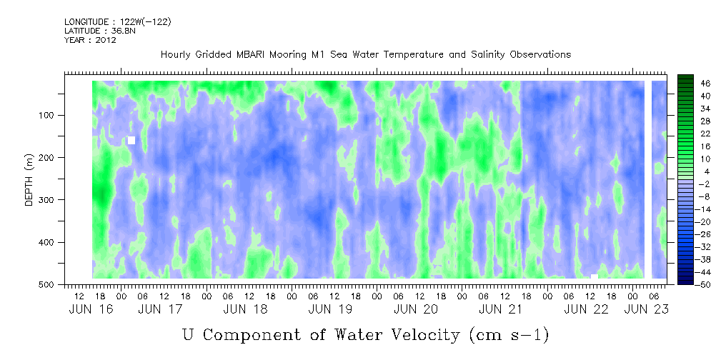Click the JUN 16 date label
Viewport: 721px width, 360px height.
pyautogui.click(x=90, y=309)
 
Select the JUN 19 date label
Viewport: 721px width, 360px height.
pyautogui.click(x=330, y=309)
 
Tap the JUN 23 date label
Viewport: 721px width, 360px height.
pyautogui.click(x=646, y=309)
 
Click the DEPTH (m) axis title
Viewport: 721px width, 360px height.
pyautogui.click(x=29, y=182)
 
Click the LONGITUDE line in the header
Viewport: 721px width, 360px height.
pyautogui.click(x=118, y=21)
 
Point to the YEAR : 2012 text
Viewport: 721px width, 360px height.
pyautogui.click(x=90, y=40)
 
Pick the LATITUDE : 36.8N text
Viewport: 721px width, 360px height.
pyautogui.click(x=100, y=31)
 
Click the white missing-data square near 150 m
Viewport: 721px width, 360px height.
pyautogui.click(x=131, y=140)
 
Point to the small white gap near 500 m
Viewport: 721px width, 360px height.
pyautogui.click(x=594, y=276)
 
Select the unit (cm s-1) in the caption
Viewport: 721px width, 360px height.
pyautogui.click(x=509, y=335)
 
